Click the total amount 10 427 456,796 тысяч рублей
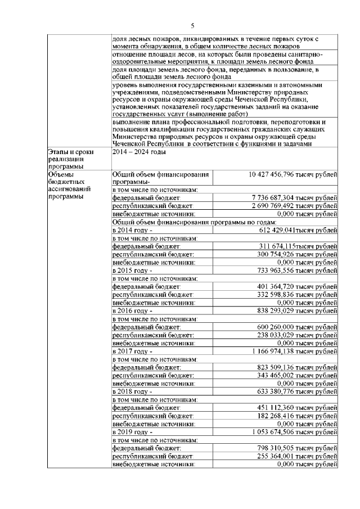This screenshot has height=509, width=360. (x=293, y=175)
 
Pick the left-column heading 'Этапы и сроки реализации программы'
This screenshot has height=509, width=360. (x=70, y=159)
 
